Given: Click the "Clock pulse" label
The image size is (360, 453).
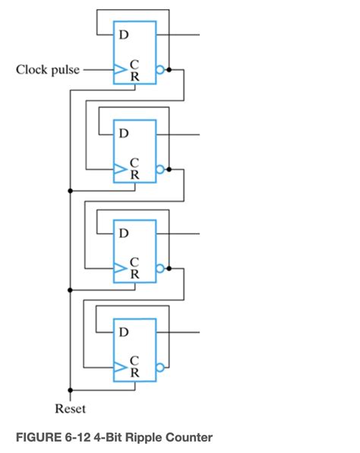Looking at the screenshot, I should click(47, 70).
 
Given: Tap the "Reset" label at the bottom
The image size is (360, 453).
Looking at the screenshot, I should click(70, 409).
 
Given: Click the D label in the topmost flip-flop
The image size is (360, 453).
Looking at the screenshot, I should click(124, 34).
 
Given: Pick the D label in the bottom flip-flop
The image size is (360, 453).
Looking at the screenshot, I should click(124, 332).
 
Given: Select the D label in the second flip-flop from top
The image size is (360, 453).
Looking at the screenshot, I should click(124, 134).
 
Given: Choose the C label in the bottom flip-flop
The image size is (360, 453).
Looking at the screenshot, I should click(134, 361).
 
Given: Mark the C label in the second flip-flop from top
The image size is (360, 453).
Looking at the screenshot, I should click(134, 163).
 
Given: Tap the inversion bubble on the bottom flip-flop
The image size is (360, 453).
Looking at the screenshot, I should click(159, 367).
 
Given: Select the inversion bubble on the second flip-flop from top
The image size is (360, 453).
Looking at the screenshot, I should click(159, 169).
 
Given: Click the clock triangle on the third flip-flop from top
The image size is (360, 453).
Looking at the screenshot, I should click(119, 268).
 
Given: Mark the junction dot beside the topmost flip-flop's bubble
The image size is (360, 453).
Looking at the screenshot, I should click(169, 69).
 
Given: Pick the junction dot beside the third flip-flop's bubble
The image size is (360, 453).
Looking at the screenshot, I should click(169, 268).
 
